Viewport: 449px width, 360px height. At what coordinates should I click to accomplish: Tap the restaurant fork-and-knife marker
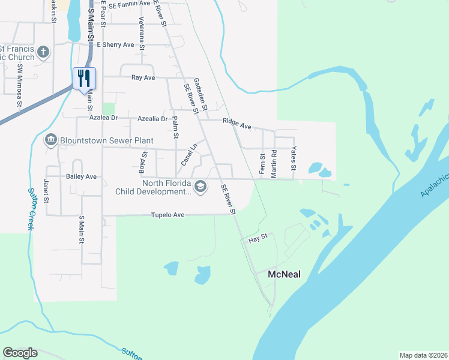click(84, 78)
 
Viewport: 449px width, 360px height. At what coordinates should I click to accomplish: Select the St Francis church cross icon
click(43, 52)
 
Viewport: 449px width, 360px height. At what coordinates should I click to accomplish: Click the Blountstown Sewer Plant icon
click(50, 140)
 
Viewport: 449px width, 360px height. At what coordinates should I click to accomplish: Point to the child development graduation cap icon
click(200, 187)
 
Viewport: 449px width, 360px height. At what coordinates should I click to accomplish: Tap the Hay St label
click(257, 240)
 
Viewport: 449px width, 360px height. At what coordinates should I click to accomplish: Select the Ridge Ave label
click(237, 123)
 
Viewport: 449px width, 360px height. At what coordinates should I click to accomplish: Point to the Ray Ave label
click(143, 77)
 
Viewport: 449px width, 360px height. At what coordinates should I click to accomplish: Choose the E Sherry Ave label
click(115, 44)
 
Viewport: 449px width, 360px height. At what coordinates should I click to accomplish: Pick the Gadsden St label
click(200, 95)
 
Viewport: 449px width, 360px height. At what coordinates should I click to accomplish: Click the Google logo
click(20, 353)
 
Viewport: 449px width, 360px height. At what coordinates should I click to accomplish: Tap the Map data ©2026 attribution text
click(424, 355)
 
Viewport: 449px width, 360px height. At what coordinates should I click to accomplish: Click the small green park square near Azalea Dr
click(108, 109)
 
